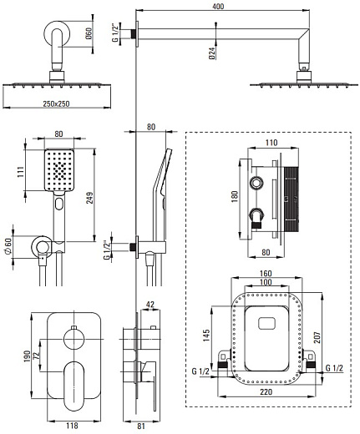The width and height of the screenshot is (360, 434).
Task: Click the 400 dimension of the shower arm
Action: pos(218,6)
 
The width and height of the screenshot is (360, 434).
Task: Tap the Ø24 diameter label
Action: pos(212,53)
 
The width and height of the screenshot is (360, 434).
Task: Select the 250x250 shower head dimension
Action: pos(56,103)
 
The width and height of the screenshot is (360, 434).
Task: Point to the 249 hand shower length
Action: pos(89,198)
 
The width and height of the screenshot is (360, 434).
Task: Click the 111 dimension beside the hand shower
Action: pos(20,173)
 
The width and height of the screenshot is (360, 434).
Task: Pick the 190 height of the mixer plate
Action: pos(27,356)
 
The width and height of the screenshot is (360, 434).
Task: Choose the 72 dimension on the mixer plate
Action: pos(37,356)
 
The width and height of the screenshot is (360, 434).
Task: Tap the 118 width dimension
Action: pos(72,426)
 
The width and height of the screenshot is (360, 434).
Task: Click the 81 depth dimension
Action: pos(141,426)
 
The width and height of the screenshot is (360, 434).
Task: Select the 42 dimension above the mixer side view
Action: pos(150,305)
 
